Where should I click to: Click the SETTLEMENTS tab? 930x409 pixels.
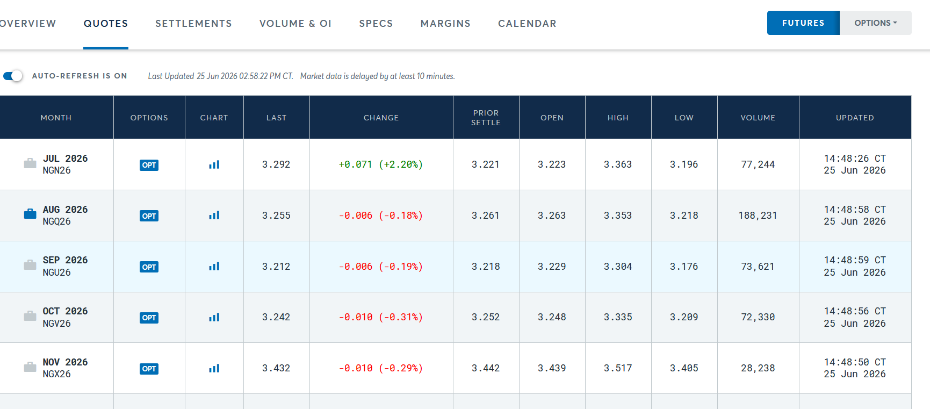pos(193,24)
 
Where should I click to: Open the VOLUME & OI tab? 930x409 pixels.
pos(295,24)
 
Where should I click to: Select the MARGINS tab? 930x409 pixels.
pos(445,24)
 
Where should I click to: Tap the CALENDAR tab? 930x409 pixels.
pos(527,24)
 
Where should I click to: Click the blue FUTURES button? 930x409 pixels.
pos(803,23)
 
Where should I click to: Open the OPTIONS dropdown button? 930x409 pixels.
pos(876,23)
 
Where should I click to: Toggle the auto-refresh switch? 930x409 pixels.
pos(13,76)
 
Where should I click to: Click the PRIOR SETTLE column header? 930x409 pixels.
pos(486,118)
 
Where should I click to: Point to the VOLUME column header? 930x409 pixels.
pos(758,118)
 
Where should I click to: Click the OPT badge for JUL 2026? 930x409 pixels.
pos(149,165)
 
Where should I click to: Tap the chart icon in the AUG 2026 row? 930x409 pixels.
pos(214,216)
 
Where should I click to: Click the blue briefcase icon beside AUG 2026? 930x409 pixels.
pos(30,214)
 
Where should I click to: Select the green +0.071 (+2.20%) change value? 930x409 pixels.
pos(381,164)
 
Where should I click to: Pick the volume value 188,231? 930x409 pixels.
pos(758,216)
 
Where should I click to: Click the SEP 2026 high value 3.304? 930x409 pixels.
pos(618,267)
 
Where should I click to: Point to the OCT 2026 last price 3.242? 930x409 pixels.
pos(276,317)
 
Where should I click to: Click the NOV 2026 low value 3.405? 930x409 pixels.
pos(684,368)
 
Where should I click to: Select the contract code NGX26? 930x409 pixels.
pos(57,374)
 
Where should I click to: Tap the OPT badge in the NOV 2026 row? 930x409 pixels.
pos(149,369)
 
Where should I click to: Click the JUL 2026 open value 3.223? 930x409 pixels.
pos(552,164)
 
